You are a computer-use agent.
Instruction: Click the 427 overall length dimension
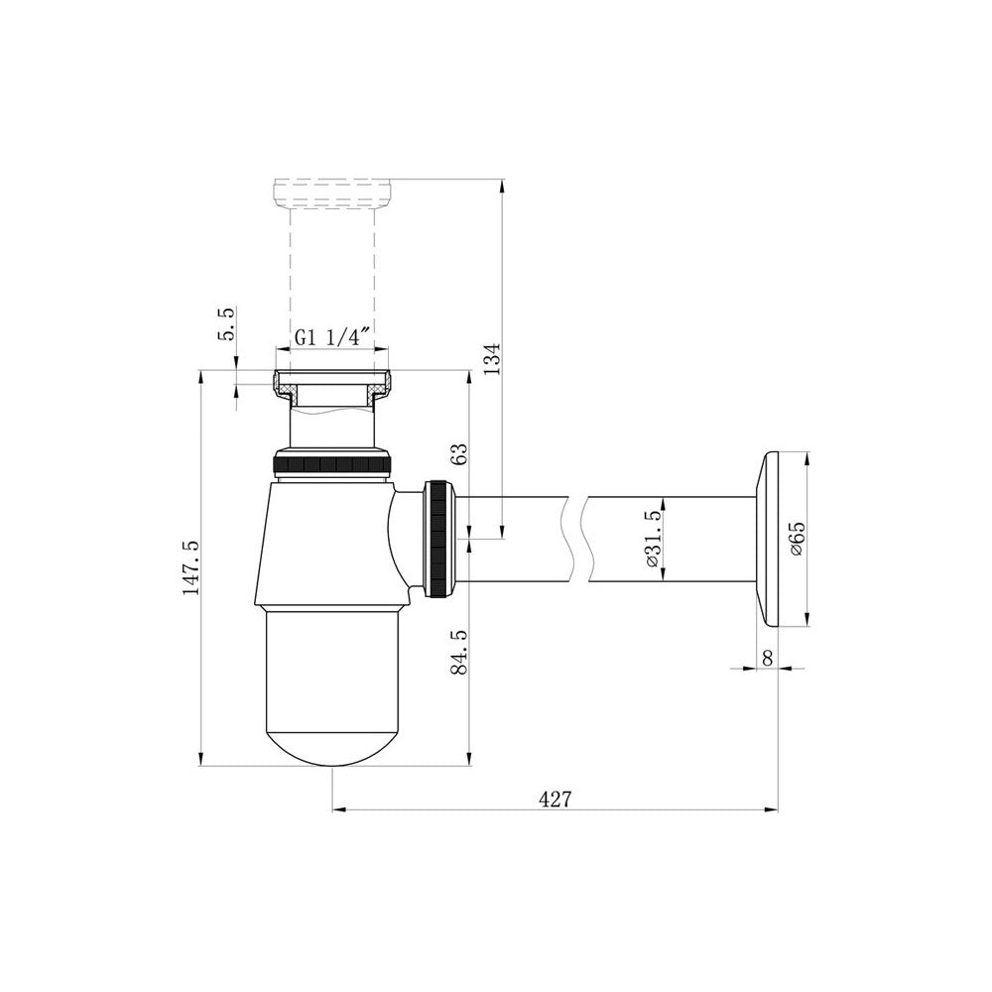555,799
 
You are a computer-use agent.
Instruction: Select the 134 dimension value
492,359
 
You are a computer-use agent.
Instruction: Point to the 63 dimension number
460,453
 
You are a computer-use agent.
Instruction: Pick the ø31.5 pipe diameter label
653,539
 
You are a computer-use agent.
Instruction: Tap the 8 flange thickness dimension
768,658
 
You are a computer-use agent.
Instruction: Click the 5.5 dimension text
226,323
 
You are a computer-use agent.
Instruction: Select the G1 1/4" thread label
332,337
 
